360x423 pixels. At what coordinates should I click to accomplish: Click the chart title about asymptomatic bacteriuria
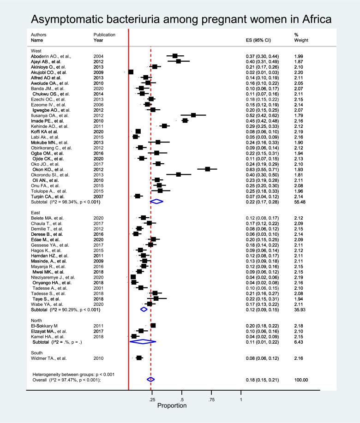point(180,19)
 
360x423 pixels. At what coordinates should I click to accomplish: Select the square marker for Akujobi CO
point(131,72)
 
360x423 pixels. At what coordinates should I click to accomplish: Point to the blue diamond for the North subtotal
point(143,328)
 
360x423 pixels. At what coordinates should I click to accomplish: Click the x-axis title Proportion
point(172,406)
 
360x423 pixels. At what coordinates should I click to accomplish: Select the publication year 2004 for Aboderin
point(98,56)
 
